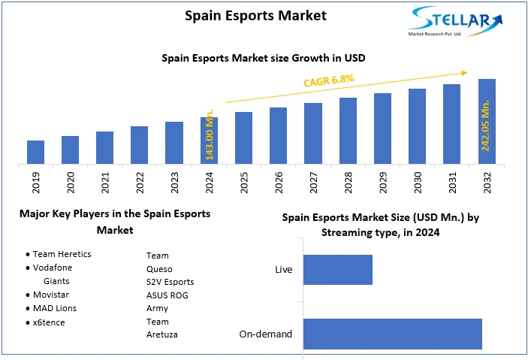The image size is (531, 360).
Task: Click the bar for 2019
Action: pos(35,152)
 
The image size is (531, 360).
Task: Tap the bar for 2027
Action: pos(313,133)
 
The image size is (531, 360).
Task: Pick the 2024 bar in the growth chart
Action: pos(209,140)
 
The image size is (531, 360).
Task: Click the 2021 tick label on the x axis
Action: pos(105,184)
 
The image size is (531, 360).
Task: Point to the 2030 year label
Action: pos(418,184)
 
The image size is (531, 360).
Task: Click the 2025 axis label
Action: pos(244,184)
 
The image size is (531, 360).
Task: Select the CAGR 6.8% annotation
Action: pos(328,80)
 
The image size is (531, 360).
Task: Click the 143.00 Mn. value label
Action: pos(210,135)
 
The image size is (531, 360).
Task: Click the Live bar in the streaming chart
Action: pos(338,270)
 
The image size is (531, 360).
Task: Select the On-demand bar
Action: pos(392,334)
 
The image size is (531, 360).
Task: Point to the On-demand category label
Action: pos(266,334)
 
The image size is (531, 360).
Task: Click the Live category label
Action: pos(284,270)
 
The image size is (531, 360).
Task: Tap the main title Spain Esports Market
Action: pos(256,16)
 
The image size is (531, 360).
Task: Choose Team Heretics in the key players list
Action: pos(62,254)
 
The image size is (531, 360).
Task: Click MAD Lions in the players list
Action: pos(55,308)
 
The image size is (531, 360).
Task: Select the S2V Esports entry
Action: pos(170,282)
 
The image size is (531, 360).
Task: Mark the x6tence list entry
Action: pos(50,322)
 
